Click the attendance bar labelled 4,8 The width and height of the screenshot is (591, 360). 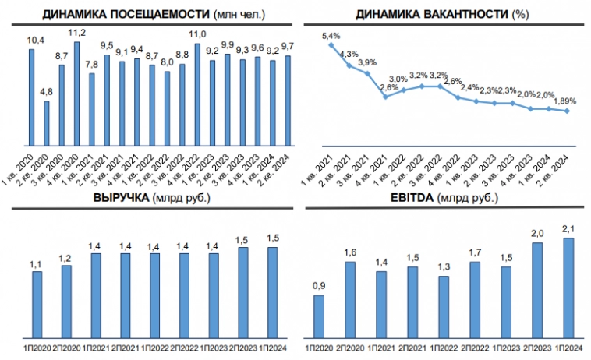point(47,123)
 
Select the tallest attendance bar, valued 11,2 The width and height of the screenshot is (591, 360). point(76,94)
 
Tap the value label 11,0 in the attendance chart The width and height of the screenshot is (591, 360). point(198,34)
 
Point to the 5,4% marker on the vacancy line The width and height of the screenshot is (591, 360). point(331,45)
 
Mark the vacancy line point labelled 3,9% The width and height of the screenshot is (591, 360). point(367,73)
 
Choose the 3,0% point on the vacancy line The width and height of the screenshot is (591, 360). point(403,90)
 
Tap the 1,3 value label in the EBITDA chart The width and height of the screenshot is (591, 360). point(444,268)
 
